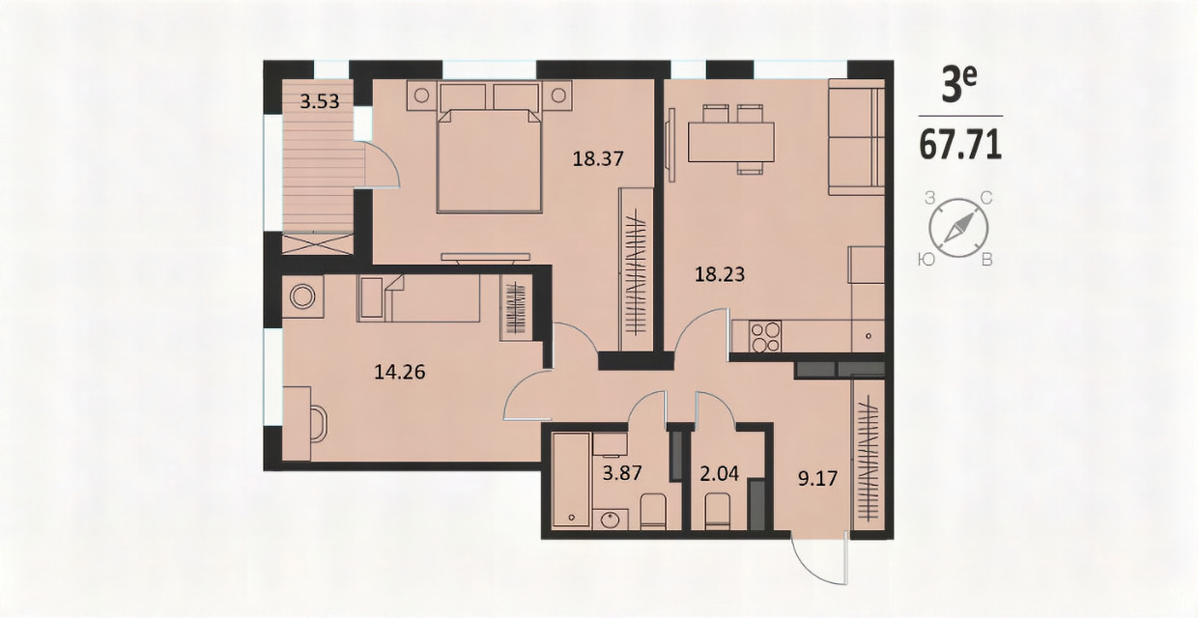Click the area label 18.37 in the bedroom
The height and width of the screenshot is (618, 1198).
coord(598,158)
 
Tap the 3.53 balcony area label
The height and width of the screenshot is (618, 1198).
coord(319,101)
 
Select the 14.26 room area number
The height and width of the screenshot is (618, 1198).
coord(400,372)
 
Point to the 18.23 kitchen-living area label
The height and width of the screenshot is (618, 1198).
coord(720,274)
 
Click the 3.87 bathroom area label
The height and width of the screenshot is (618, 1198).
coord(622,473)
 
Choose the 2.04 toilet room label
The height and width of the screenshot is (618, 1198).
coord(720,473)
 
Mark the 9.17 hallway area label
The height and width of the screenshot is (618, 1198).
coord(817,478)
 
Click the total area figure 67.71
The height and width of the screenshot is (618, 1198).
coord(960,145)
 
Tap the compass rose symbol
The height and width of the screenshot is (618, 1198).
coord(958,228)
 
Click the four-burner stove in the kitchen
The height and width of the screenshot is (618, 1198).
coord(765,336)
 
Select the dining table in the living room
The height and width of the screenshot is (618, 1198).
coord(731,142)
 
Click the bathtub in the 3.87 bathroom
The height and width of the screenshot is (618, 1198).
coord(571,480)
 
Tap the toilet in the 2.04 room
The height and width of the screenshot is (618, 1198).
coord(717,511)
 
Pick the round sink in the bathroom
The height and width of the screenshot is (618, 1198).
coord(610,520)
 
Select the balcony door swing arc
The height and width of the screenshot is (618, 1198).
coord(387,160)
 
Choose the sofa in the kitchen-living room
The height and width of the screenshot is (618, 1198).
coord(856,137)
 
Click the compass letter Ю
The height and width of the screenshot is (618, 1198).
coord(927,260)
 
